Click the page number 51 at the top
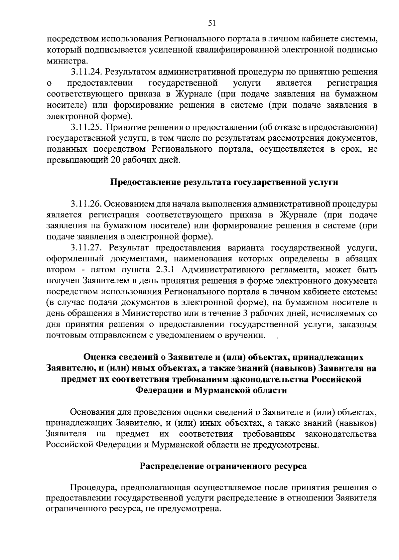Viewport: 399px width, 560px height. (212, 23)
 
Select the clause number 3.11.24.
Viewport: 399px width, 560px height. (86, 72)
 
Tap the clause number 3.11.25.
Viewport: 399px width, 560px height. (86, 127)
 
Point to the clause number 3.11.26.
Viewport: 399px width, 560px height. (86, 204)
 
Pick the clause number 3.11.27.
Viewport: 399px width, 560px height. (86, 248)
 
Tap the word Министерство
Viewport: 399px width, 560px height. (151, 314)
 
